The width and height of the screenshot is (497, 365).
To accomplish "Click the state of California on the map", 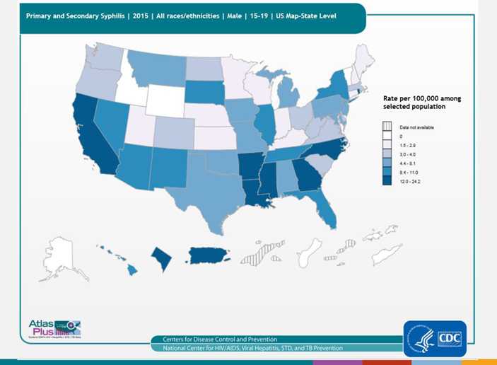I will click(x=90, y=134).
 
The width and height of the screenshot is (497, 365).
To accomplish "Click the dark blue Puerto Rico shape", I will click(x=212, y=257).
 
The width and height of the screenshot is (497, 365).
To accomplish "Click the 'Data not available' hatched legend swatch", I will click(x=387, y=127).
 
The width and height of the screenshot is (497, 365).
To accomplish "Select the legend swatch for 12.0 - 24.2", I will click(x=387, y=182).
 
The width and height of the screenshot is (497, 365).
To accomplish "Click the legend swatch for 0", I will click(x=387, y=136).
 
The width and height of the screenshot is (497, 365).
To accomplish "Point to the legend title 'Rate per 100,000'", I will click(x=421, y=98).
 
